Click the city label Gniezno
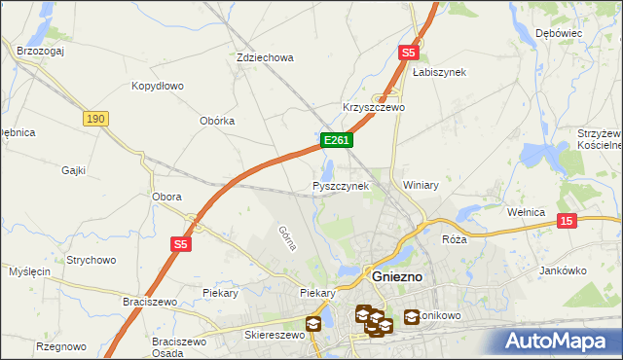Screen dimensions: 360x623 [x=396, y=276]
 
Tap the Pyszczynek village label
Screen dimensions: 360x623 [x=341, y=185]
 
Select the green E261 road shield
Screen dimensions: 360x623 [x=336, y=141]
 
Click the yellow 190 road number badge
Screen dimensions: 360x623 [x=94, y=118]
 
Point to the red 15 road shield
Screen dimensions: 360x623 [x=568, y=222]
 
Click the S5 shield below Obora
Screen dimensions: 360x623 [x=181, y=244]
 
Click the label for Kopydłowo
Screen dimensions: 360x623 [x=158, y=86]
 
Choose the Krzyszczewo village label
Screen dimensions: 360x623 [x=373, y=107]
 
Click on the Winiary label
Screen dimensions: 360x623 [x=421, y=185]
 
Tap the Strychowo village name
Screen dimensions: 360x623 [x=92, y=260]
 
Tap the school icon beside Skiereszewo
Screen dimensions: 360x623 [x=313, y=324]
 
